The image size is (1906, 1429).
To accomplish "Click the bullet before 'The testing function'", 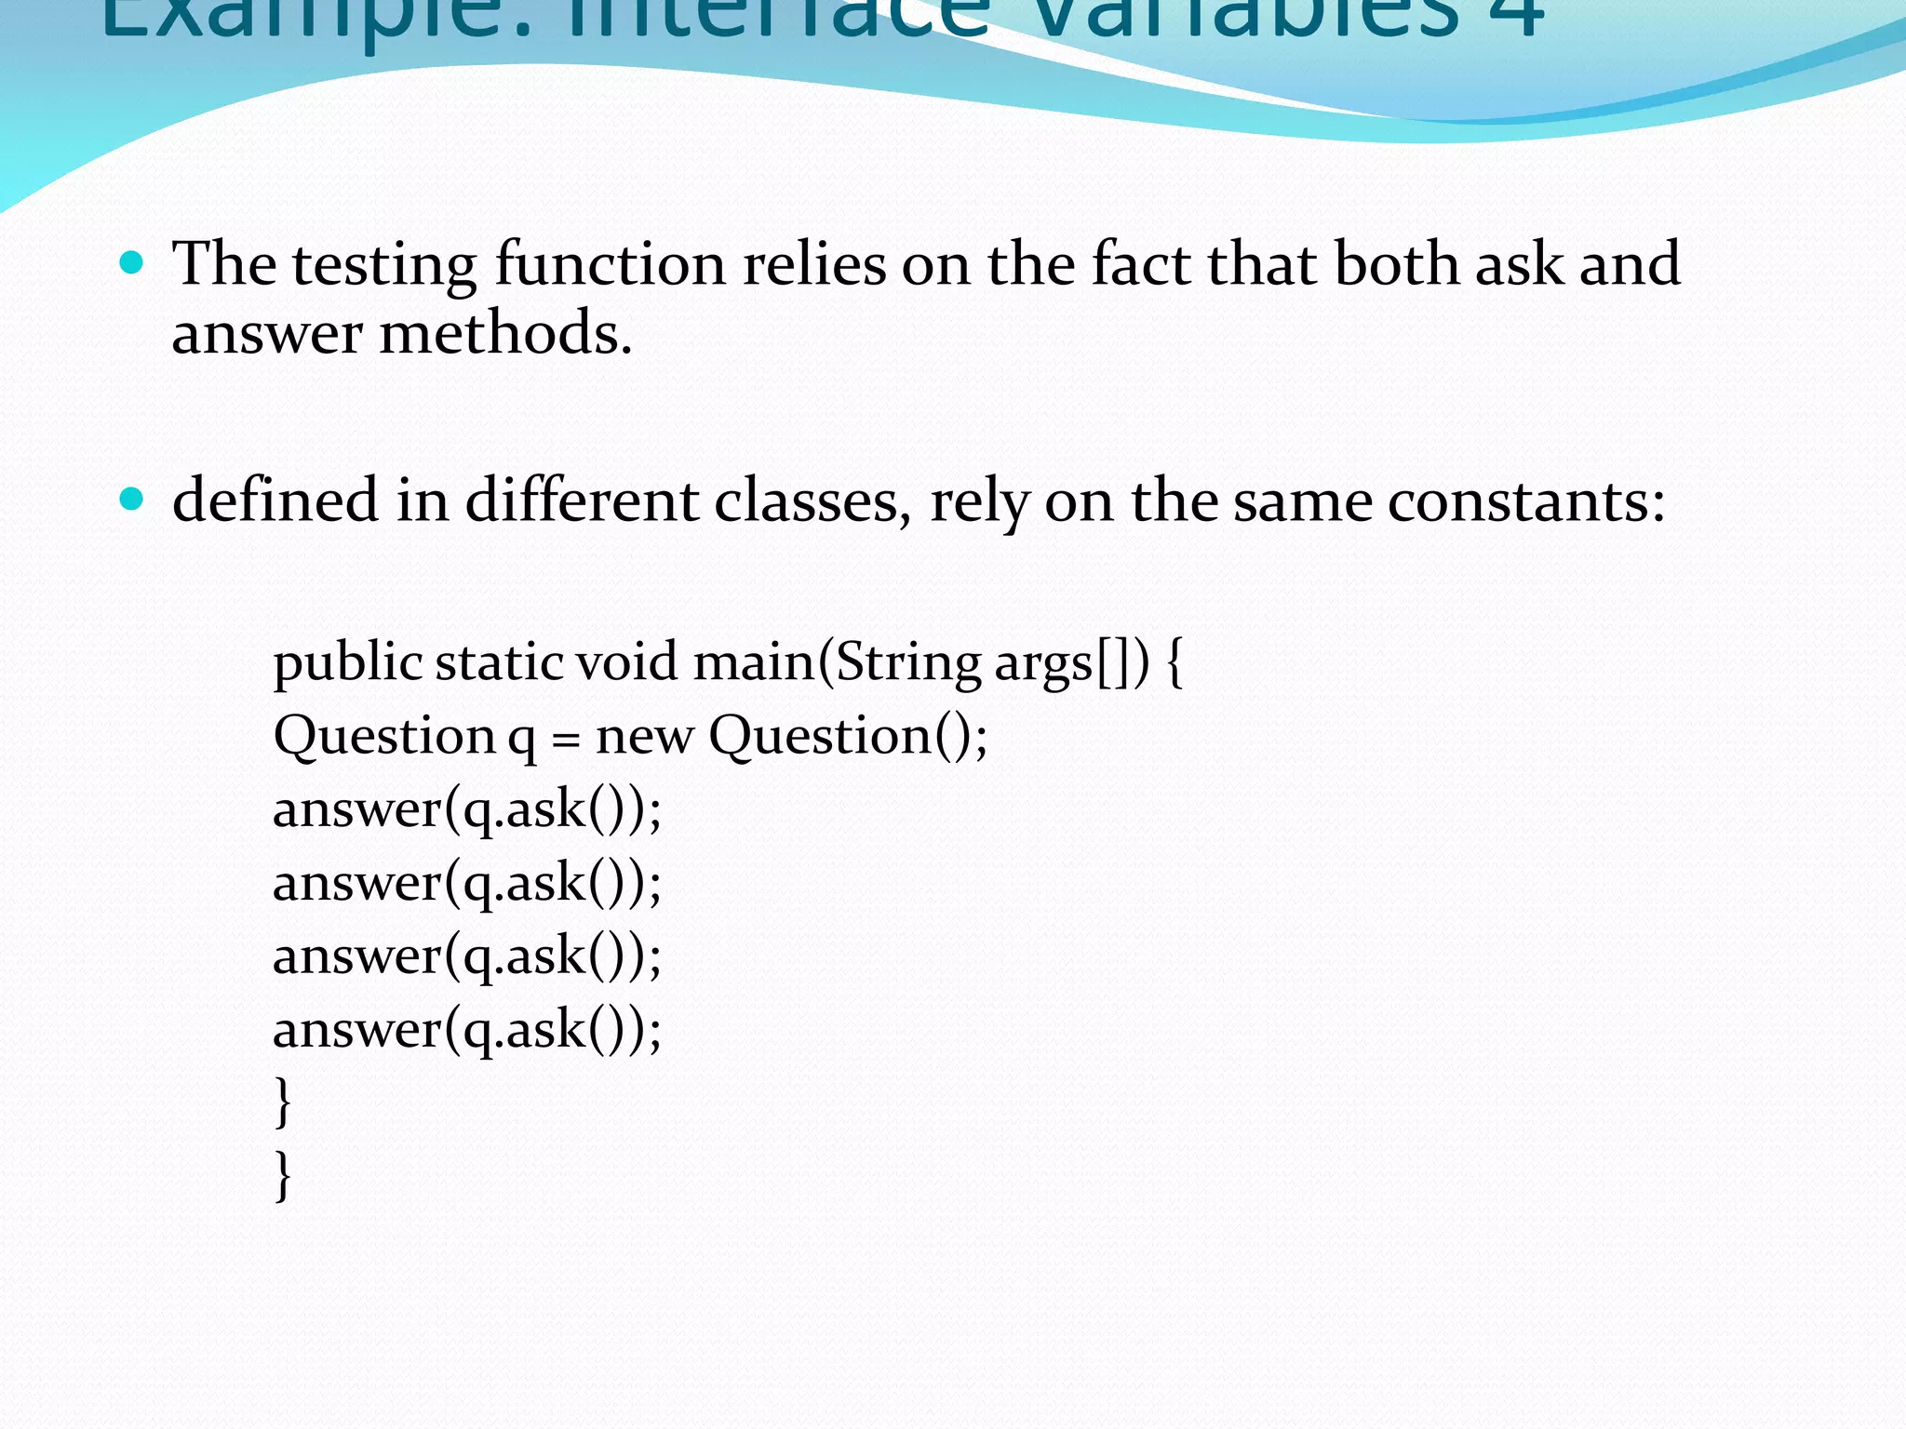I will point(132,263).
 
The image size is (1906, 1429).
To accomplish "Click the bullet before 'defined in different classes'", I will point(132,500).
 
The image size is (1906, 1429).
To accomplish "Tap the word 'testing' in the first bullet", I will point(384,265).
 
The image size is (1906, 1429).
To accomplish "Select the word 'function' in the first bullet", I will point(610,265).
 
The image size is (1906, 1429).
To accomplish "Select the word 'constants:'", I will point(1526,501).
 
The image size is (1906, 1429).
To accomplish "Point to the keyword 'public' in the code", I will point(348,664).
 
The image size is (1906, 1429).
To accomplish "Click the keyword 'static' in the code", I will point(499,662).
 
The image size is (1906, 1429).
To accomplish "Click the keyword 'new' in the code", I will point(644,737).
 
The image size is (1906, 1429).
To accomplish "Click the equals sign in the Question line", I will point(565,740).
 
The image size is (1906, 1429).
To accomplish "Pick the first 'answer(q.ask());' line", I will point(466,809).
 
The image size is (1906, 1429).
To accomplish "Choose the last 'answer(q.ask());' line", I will point(466,1030).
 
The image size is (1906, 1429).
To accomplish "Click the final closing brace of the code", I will point(283,1176).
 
